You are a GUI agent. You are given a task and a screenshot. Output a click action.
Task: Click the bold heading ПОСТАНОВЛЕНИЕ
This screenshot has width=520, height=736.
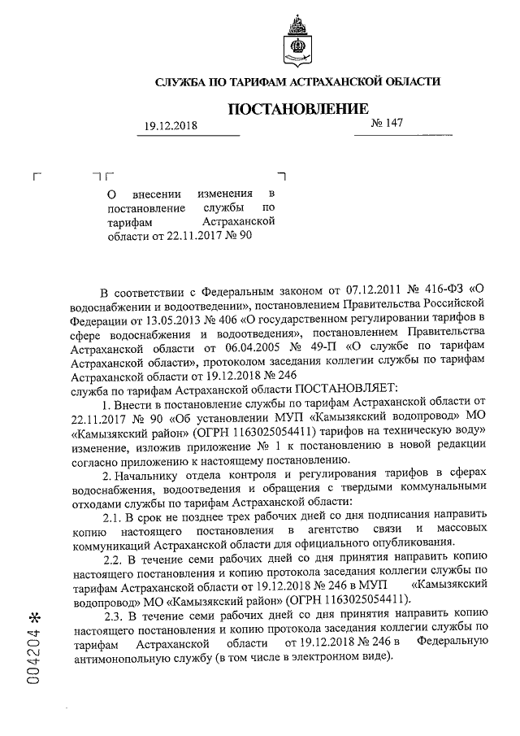pos(297,109)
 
